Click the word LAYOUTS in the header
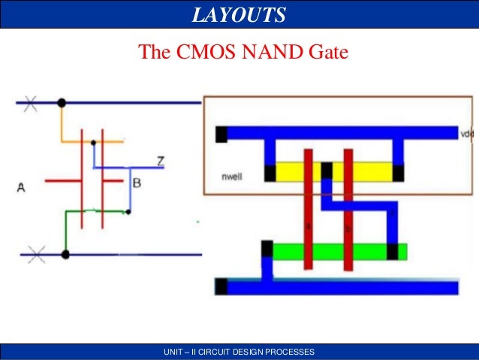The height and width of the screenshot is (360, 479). pos(239,14)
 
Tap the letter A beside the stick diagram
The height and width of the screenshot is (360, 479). pos(21,188)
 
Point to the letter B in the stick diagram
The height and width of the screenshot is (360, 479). pos(136,182)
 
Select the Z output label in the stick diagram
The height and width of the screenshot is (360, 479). pos(161,160)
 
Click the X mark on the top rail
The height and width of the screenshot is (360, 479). pos(30,103)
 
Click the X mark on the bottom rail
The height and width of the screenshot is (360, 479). pos(36,255)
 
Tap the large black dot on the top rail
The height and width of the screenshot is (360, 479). pos(62,103)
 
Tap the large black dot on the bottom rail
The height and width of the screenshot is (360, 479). pos(65,255)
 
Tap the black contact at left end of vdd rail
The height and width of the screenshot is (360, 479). pos(221,134)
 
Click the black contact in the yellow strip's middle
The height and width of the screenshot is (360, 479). pos(327,171)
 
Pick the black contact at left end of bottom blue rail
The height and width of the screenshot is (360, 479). pos(221,286)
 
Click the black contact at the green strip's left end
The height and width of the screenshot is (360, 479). pos(267,249)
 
